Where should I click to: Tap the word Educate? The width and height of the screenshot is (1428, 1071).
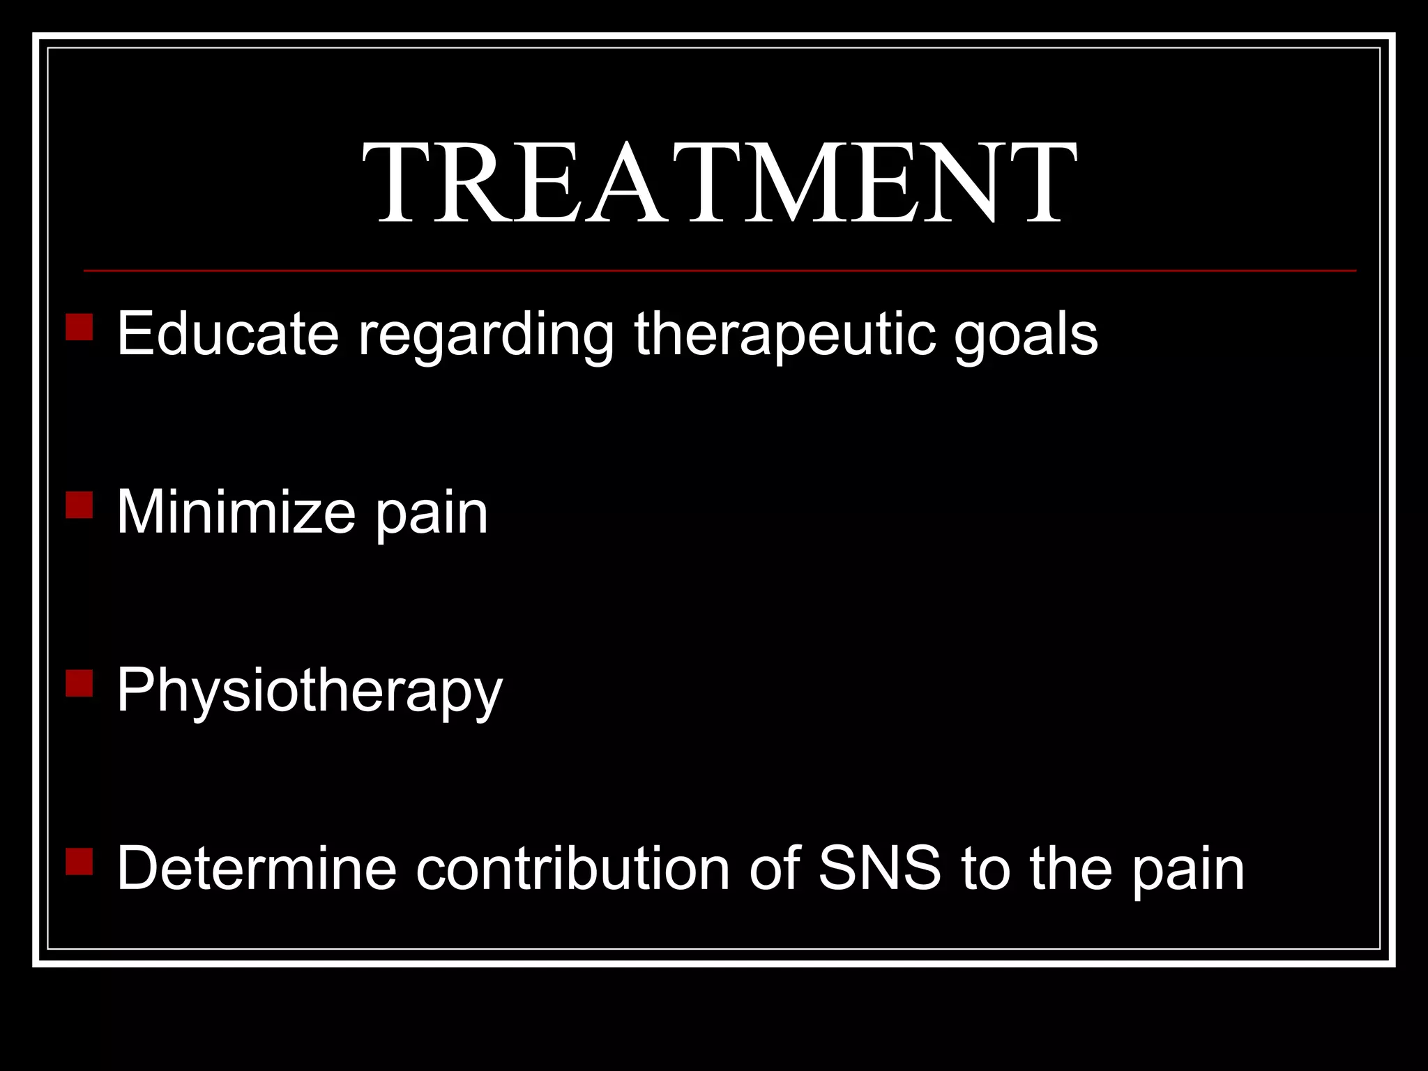(x=227, y=334)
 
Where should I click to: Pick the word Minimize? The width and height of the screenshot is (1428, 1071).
(x=235, y=512)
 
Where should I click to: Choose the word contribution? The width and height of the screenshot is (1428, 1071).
(x=572, y=868)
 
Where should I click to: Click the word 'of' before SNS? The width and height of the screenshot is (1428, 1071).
(x=774, y=868)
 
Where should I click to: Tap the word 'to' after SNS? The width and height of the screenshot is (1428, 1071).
(x=984, y=869)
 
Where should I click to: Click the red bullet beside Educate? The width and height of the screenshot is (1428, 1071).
(x=79, y=326)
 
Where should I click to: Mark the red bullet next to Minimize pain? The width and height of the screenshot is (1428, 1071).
(x=79, y=505)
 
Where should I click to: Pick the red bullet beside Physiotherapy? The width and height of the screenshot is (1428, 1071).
(x=79, y=683)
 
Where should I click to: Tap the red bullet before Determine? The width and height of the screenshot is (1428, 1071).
(x=79, y=861)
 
